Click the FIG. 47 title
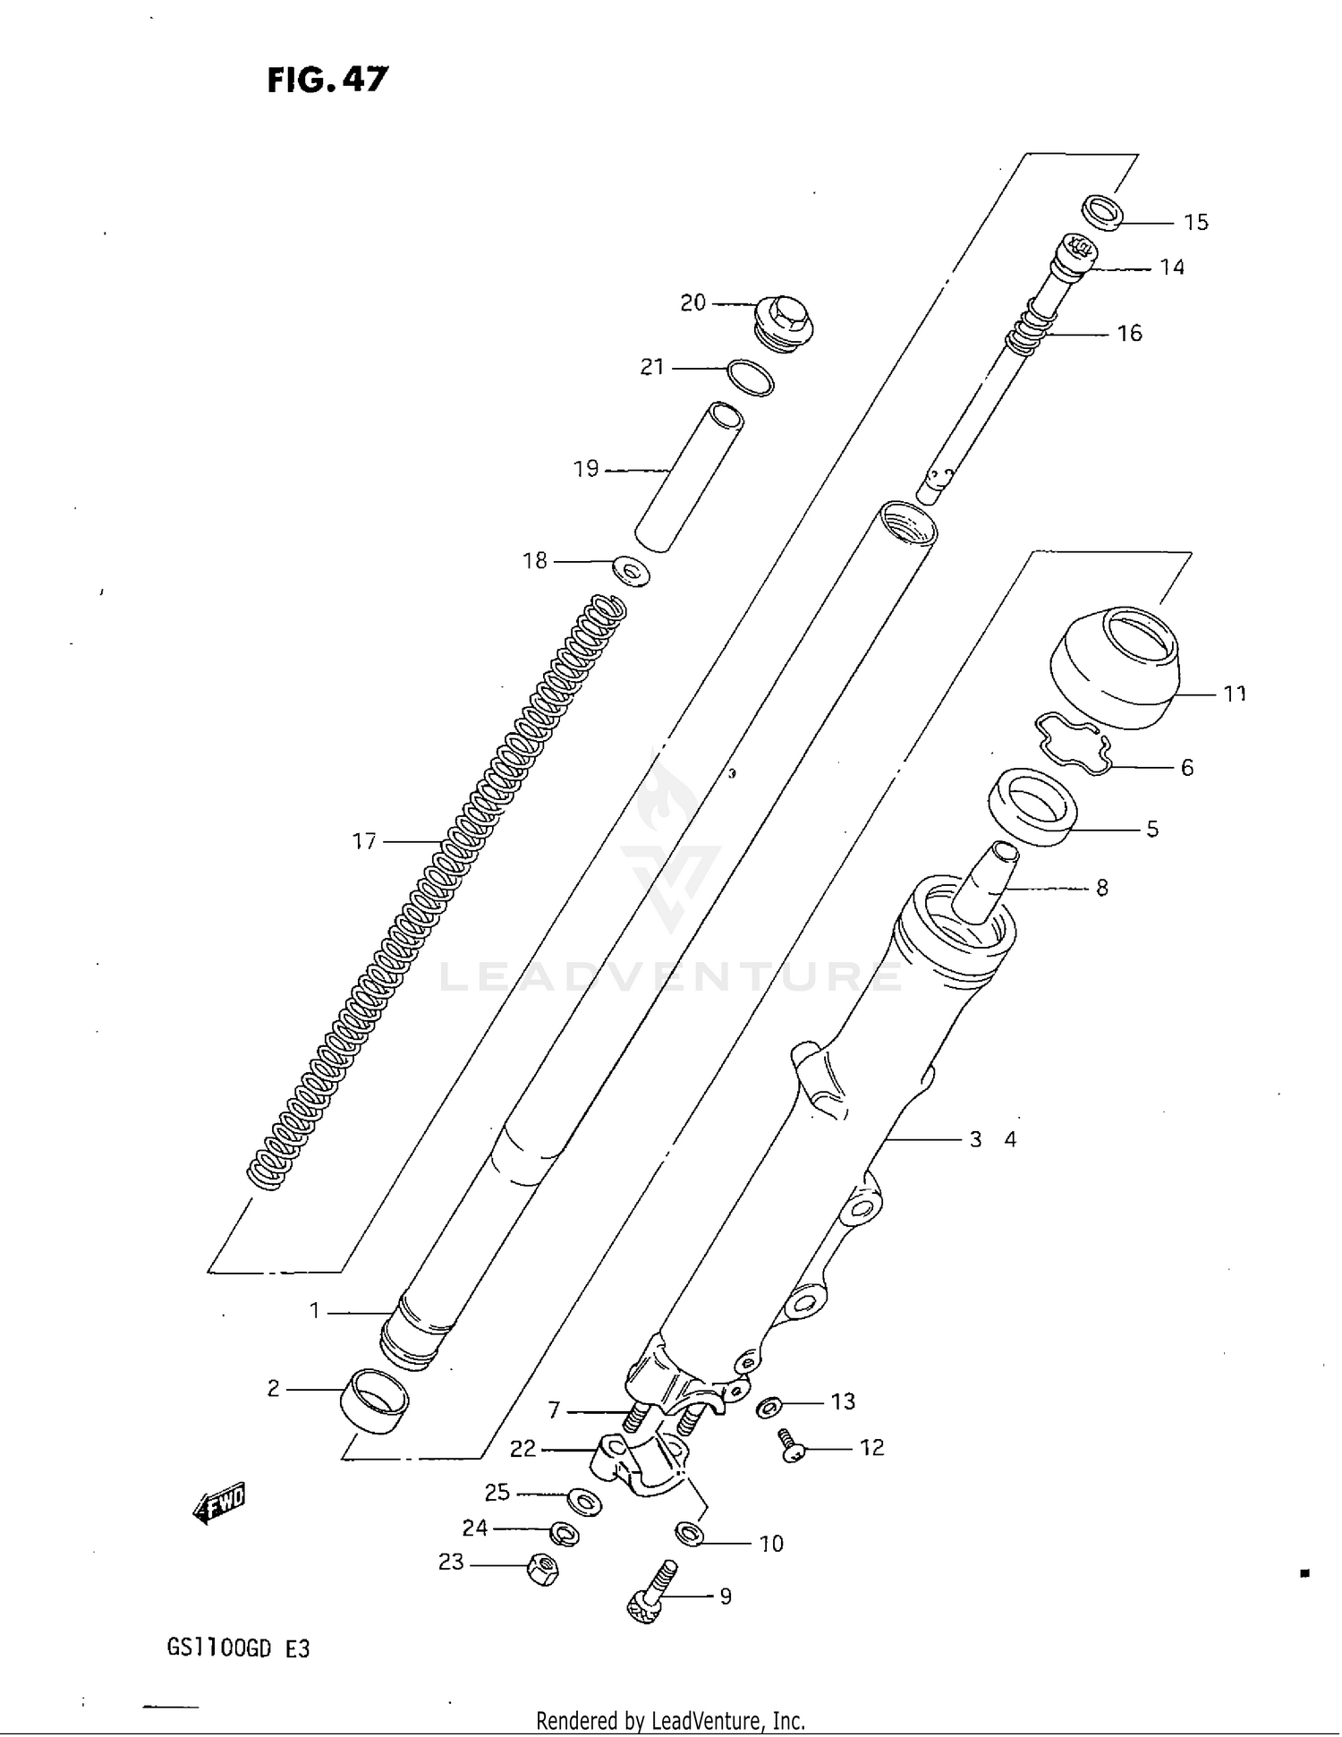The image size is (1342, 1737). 327,80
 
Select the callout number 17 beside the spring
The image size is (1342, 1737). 364,841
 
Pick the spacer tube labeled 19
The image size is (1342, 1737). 689,476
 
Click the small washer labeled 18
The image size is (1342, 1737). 632,570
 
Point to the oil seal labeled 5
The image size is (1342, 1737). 1033,806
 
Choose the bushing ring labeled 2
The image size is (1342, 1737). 374,1401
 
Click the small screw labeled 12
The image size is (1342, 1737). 790,1444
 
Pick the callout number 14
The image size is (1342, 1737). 1171,267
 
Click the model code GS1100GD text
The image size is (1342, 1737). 218,1648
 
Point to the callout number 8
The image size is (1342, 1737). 1101,888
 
